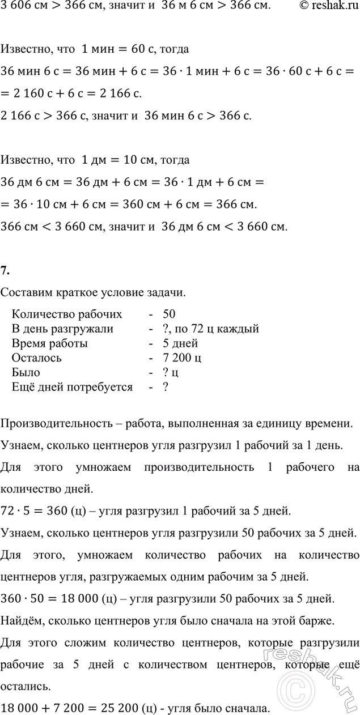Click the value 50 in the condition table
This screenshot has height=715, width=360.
(168, 314)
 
